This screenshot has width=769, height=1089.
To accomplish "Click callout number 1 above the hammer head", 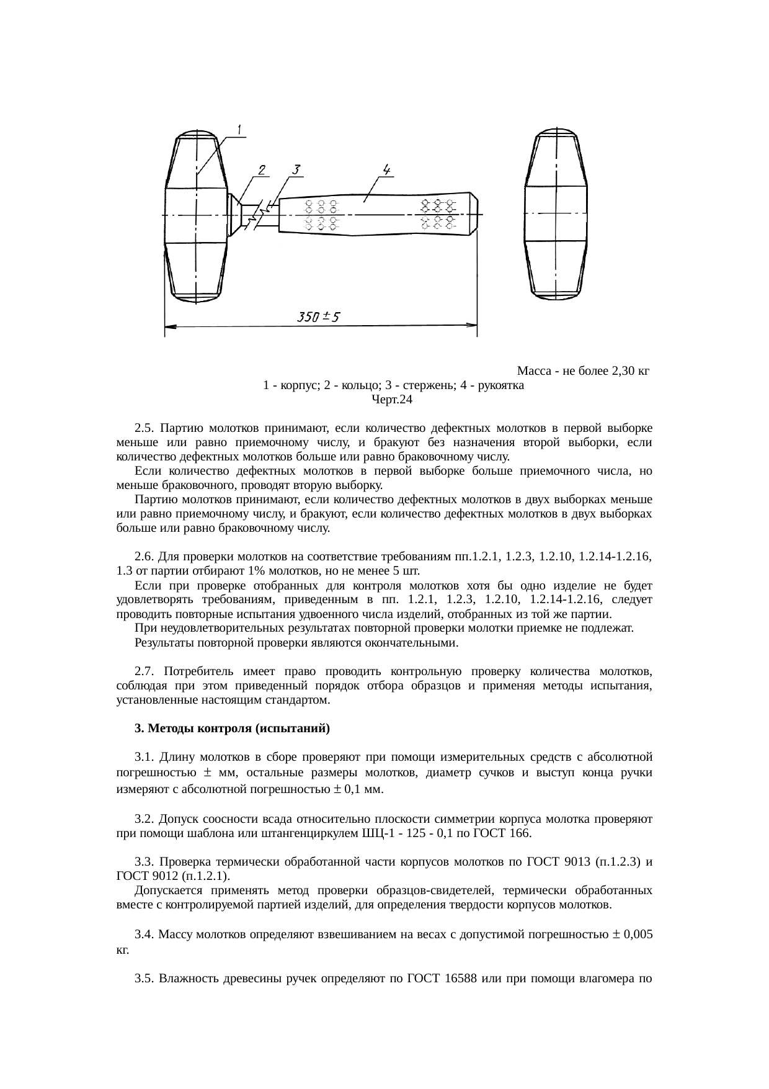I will pos(240,128).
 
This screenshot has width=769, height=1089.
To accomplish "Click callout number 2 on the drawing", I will pos(262,170).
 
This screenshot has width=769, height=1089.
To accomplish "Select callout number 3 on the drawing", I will pos(296,170).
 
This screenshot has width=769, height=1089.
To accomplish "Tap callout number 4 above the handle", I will pos(386,169).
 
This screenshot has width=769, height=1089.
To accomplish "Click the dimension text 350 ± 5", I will pos(318,317).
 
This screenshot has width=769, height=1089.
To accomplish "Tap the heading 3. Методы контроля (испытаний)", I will pos(233,728).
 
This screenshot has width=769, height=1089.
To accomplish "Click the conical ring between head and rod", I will pos(234,215).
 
